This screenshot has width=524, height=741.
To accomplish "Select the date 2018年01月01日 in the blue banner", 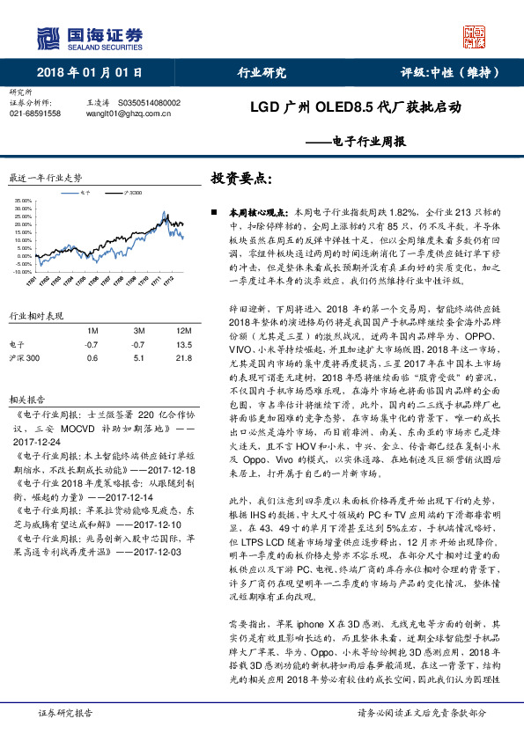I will point(90,73).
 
